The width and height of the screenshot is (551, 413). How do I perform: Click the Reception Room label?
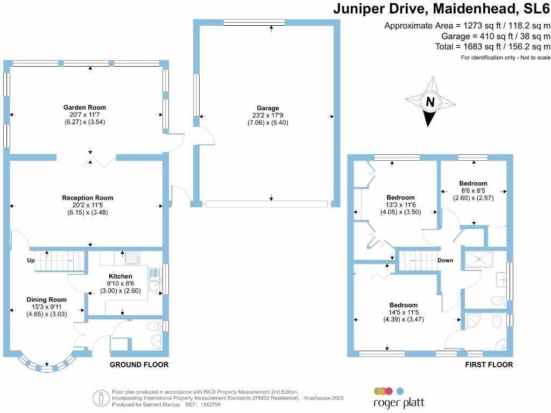[87, 198]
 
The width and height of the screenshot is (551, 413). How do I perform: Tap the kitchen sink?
[154, 280]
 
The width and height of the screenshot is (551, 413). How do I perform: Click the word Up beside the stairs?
[30, 261]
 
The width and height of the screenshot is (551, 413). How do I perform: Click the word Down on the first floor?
[445, 260]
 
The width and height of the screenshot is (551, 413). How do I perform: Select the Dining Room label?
[47, 300]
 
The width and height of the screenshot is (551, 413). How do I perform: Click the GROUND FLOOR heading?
[139, 365]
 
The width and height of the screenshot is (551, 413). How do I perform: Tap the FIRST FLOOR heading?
[489, 365]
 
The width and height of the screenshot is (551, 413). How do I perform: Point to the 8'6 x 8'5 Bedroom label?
[473, 183]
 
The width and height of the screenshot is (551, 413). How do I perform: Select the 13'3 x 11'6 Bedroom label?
[400, 197]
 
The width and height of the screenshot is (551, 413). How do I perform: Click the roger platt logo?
[389, 396]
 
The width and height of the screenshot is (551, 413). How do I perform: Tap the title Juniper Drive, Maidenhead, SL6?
[441, 9]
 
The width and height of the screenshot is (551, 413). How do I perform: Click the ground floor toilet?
[154, 325]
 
